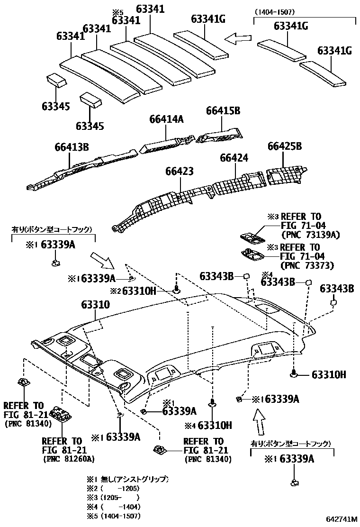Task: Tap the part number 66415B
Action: [223, 110]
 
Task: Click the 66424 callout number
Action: [234, 157]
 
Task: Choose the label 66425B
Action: [284, 146]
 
